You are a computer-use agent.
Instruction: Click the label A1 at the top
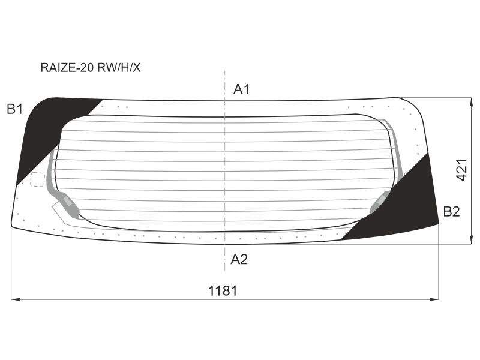point(242,89)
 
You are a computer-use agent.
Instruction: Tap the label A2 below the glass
point(239,259)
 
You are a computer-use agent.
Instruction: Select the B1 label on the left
point(14,109)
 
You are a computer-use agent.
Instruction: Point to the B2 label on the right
point(452,212)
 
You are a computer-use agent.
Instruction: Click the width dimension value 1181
point(223,290)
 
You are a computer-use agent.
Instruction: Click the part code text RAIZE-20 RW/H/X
point(91,68)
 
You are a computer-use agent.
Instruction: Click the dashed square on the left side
point(38,179)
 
